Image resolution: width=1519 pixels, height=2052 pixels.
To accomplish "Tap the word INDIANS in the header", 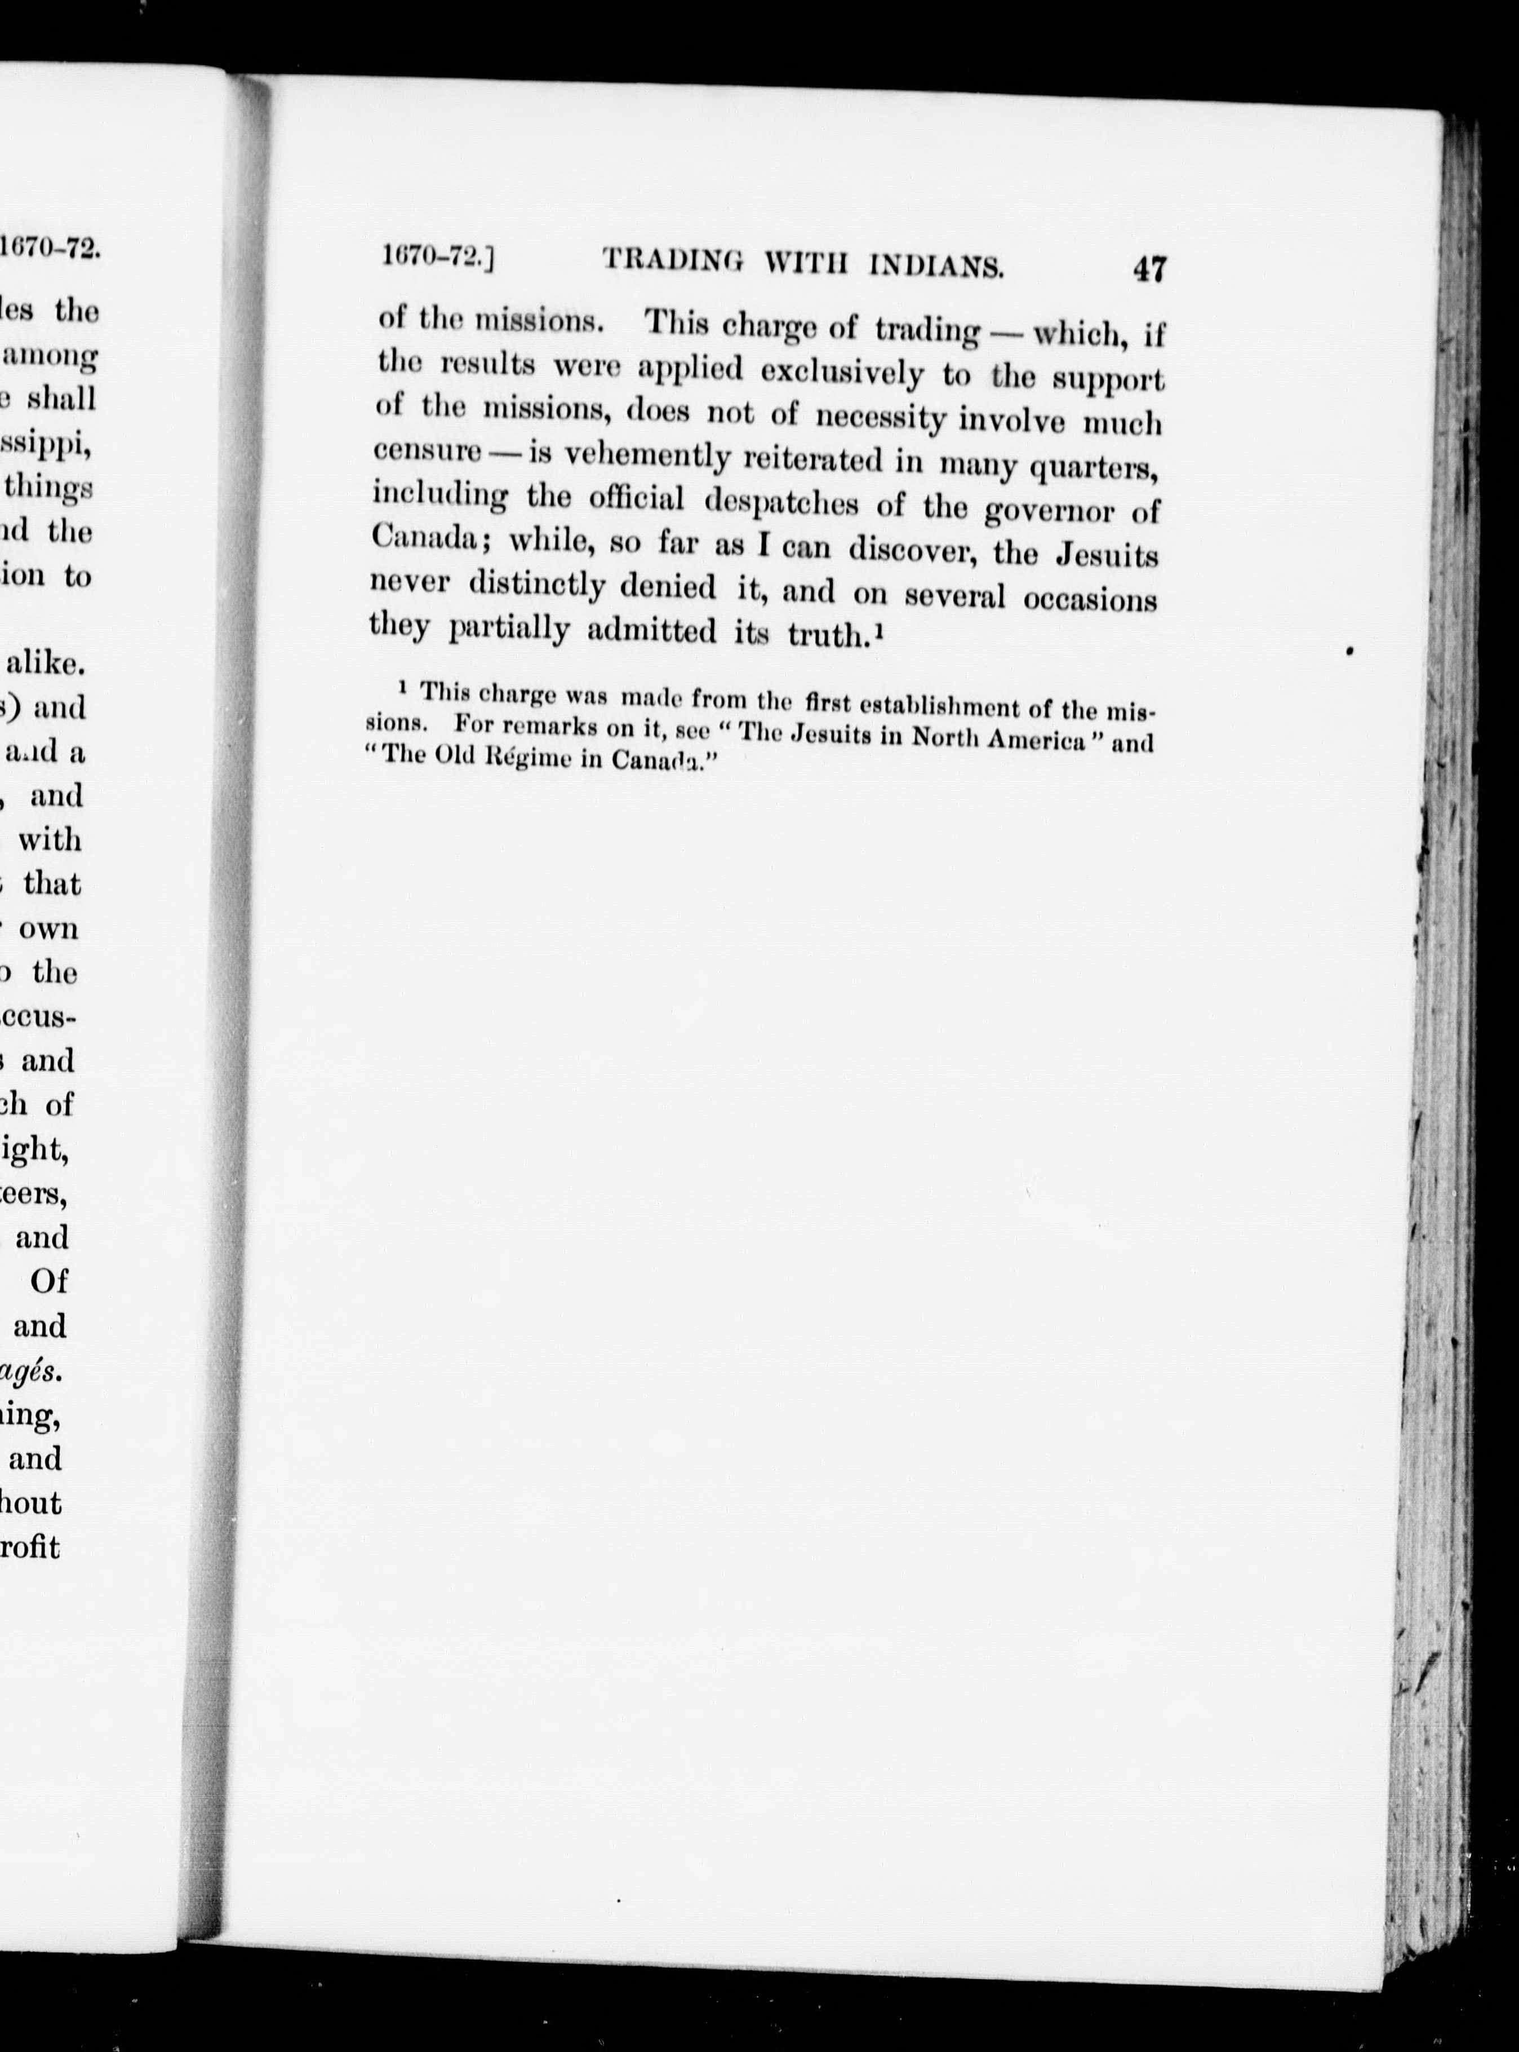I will pos(936,267).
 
